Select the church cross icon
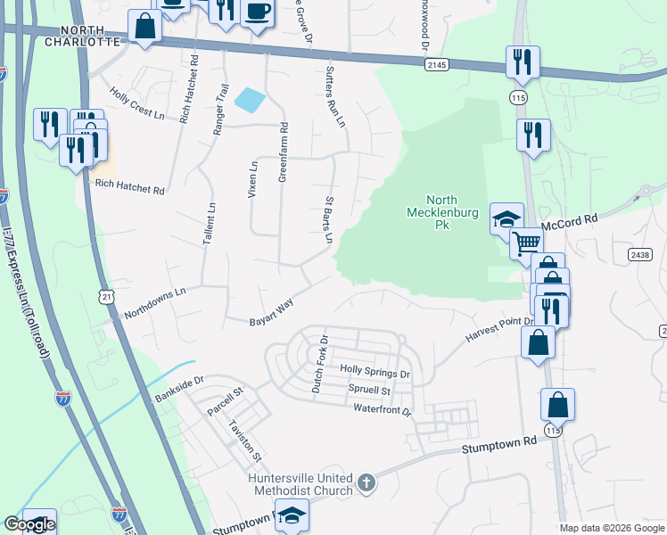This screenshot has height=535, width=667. [366, 484]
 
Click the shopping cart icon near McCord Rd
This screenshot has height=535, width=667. [526, 241]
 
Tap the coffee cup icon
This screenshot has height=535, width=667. [257, 12]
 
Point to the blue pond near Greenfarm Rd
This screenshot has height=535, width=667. [250, 100]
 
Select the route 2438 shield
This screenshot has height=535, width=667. [638, 254]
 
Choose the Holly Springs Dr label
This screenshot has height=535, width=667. [375, 372]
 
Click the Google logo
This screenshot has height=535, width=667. [29, 524]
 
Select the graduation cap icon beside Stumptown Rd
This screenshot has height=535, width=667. [292, 515]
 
